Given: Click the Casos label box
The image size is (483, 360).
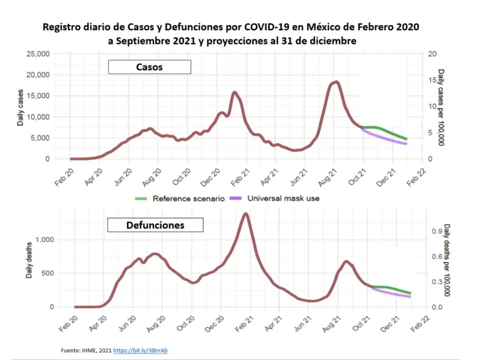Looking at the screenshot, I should pos(149,67).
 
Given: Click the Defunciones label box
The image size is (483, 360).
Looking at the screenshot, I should pos(155,225).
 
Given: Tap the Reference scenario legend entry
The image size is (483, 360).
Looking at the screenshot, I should pos(179,198).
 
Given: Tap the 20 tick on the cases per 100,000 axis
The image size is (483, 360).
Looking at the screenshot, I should pos(432,54).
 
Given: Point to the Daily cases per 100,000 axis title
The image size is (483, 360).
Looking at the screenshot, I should pos(441,107).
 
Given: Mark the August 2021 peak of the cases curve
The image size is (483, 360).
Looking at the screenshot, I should pos(337,82).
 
